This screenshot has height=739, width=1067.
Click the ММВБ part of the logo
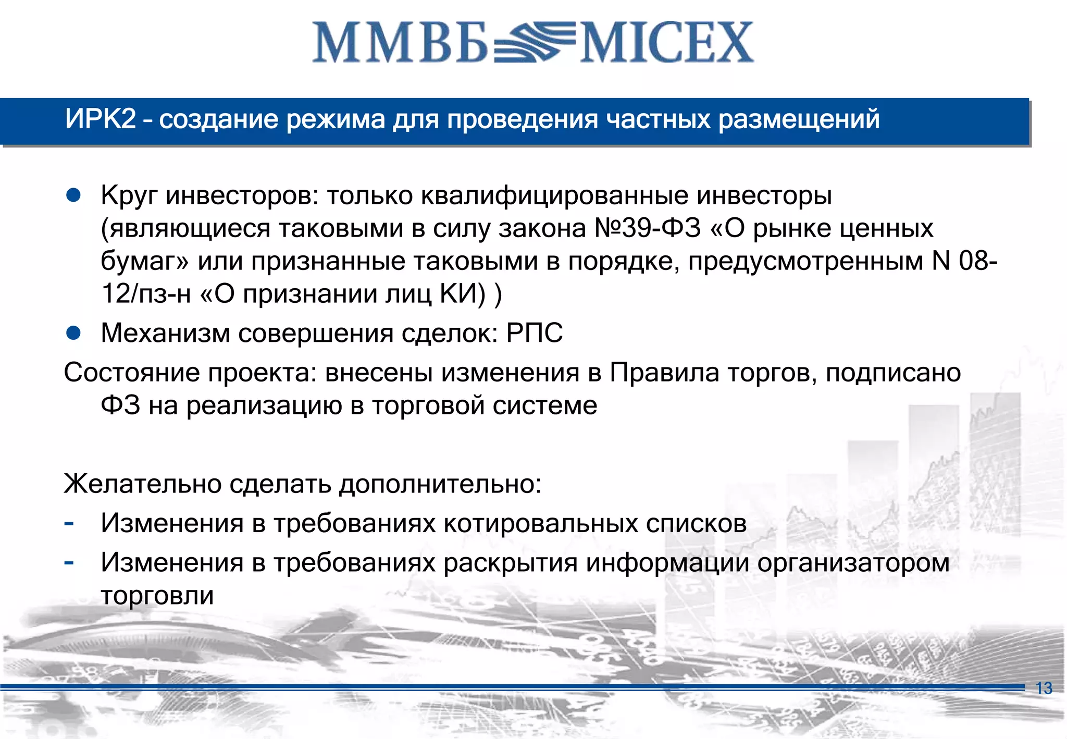(400, 43)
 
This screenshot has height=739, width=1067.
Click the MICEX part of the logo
(667, 43)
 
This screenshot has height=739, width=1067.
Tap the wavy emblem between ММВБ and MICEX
(534, 42)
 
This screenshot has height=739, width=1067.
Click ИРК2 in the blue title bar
(100, 119)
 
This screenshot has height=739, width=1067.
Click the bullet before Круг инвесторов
(73, 195)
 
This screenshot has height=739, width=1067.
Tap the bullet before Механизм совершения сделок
(73, 333)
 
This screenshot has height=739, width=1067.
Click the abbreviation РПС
(535, 333)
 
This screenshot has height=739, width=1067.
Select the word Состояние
(132, 373)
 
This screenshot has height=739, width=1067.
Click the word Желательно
(143, 484)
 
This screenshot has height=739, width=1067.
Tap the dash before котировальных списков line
(68, 523)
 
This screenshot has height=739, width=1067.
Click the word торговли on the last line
(157, 595)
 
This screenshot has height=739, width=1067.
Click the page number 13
(1044, 688)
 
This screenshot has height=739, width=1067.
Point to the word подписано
(893, 373)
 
